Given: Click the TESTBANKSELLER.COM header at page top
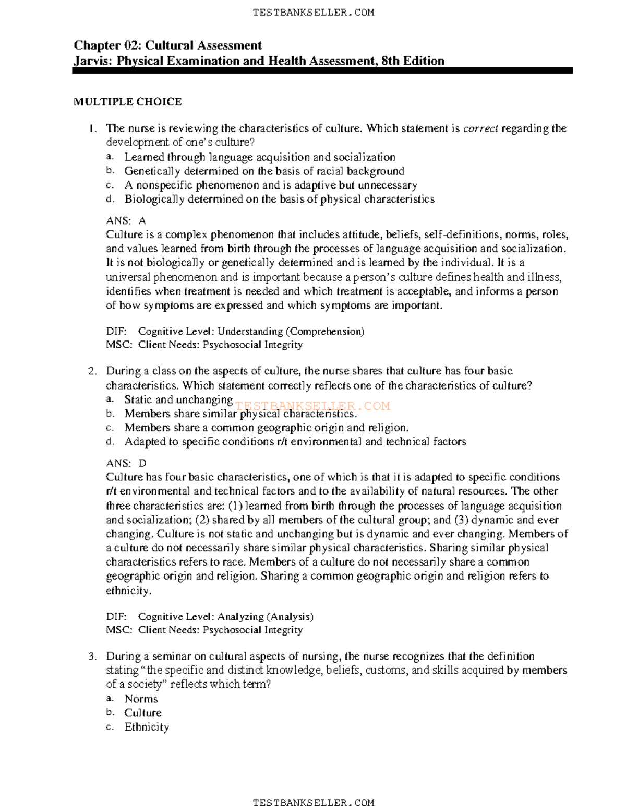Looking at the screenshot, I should [x=313, y=13].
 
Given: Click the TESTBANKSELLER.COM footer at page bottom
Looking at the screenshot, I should [x=313, y=802].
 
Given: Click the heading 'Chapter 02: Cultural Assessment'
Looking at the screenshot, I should [x=167, y=45].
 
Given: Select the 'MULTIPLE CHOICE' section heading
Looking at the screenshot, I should [x=127, y=102].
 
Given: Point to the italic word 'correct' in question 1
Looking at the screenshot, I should [x=480, y=128].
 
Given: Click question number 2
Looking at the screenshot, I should [x=92, y=371].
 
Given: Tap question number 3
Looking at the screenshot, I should [x=92, y=656].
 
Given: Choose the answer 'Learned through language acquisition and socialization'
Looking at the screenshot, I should [x=259, y=157].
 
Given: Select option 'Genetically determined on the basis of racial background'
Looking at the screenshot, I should [x=264, y=171].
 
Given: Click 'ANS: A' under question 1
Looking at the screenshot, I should [x=126, y=221].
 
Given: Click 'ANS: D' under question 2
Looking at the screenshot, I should [x=126, y=463].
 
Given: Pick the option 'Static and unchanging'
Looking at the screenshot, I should [x=178, y=400].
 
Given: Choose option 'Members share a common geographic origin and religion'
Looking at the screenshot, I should [x=266, y=428].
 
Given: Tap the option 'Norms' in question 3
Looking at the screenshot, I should [x=141, y=699].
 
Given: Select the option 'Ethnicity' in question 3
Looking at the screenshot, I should [x=147, y=727].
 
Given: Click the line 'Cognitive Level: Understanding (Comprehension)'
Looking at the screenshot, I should [x=251, y=332].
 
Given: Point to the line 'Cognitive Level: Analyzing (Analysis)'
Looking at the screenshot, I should [x=225, y=617].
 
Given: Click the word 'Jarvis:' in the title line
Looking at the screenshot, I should [x=93, y=61].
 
